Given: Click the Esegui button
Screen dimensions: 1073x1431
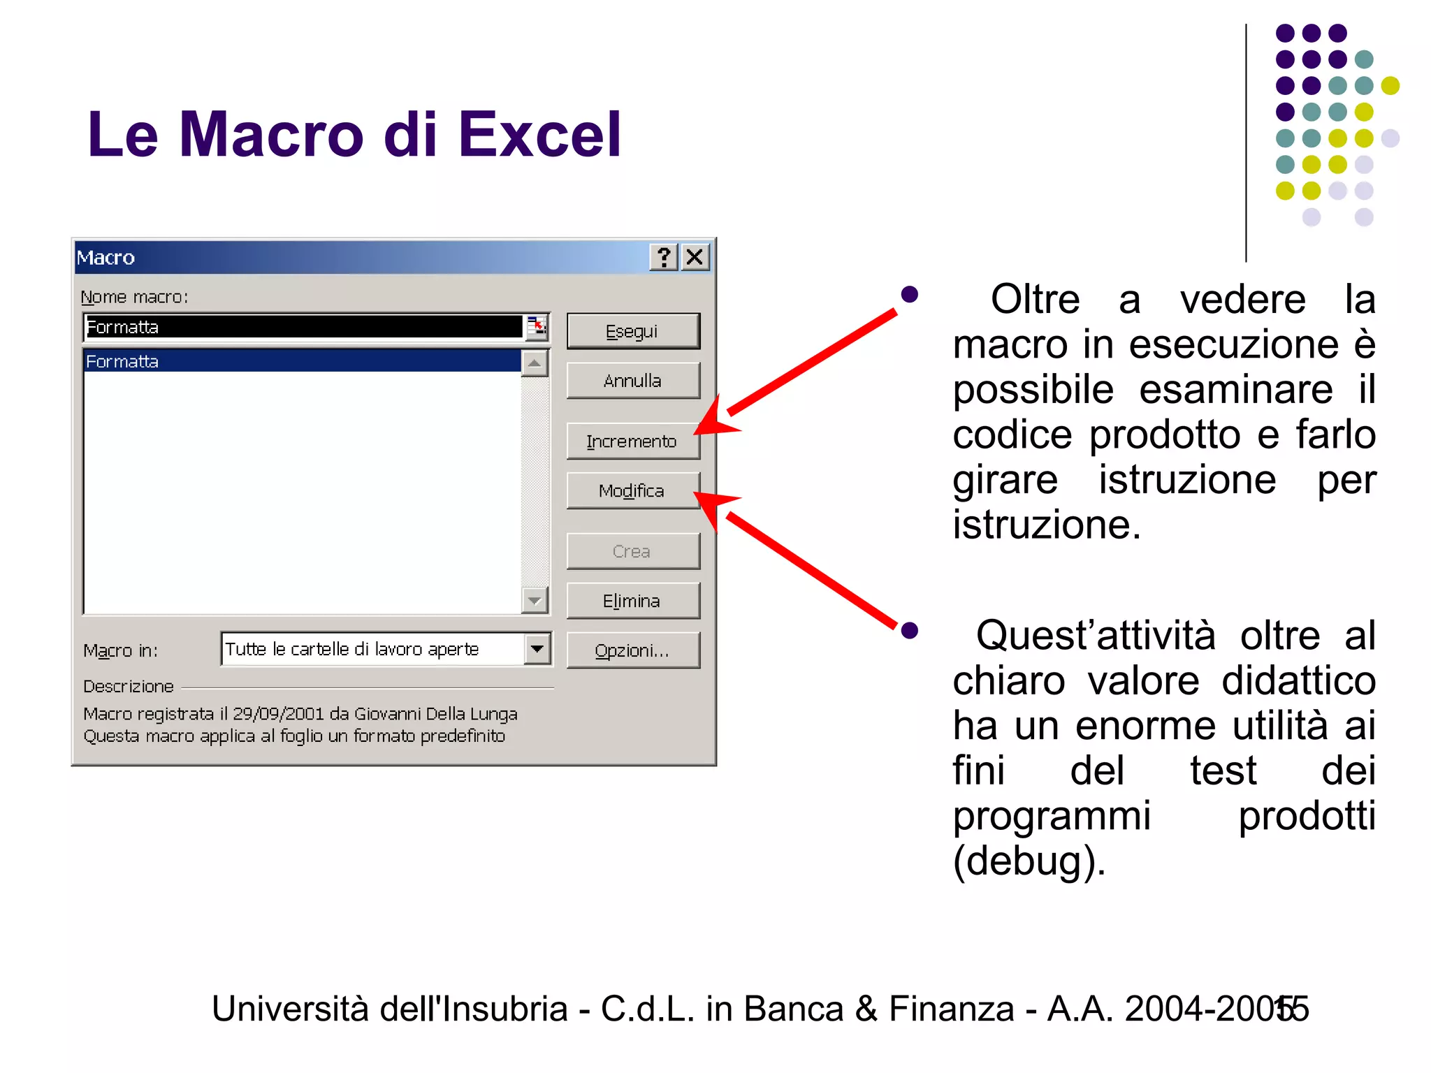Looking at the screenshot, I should (632, 331).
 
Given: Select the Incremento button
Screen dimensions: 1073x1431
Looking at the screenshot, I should (632, 441).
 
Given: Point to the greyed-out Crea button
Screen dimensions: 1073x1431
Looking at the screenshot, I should (632, 551).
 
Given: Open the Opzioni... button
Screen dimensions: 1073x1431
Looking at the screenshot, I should (632, 650).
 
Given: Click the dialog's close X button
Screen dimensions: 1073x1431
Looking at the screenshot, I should (695, 257).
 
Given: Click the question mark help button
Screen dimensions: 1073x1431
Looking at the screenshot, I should (664, 257).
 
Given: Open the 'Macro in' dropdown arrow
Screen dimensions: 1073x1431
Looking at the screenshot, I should (537, 649).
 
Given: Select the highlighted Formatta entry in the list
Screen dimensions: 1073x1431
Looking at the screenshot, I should (122, 361).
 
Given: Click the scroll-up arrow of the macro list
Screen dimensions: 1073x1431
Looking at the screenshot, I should (535, 363).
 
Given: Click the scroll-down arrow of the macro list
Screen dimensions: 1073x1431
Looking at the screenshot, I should (535, 600).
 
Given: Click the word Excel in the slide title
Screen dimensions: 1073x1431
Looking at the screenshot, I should (539, 134).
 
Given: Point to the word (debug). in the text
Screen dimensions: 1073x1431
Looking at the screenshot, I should (1029, 861).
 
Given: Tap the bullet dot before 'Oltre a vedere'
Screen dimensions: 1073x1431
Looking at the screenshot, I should (909, 294).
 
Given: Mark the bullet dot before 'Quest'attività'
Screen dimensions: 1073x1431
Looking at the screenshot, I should (909, 631).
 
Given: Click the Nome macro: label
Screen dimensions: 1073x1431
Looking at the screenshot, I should (135, 297).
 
